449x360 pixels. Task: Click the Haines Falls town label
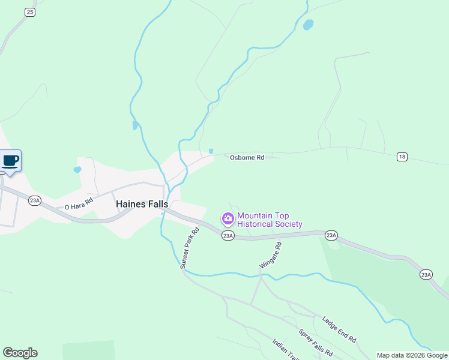pos(142,204)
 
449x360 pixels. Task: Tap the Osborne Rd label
pos(247,158)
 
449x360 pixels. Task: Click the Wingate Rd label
pos(270,255)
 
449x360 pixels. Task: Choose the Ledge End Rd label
pos(339,329)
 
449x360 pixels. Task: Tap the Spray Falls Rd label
pos(315,343)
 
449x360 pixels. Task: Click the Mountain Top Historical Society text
pos(270,220)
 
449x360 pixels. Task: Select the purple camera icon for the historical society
pos(228,217)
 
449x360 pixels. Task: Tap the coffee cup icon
pos(10,160)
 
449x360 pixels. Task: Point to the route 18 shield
pos(402,157)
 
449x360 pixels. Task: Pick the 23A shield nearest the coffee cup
pos(35,200)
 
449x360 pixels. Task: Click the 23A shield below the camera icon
pos(228,236)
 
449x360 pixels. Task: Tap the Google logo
pos(20,353)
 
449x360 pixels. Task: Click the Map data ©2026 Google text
pos(412,355)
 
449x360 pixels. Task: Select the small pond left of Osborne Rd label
pos(211,151)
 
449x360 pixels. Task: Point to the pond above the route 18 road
pos(308,25)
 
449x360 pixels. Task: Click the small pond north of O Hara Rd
pos(77,170)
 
